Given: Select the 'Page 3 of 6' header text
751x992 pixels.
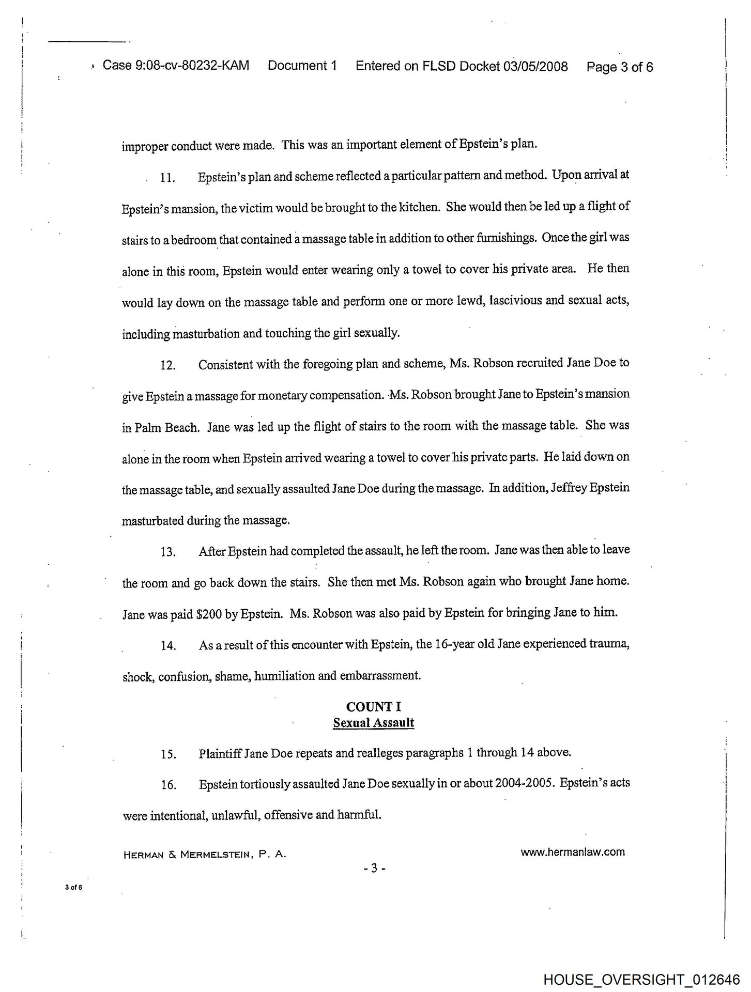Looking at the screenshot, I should click(620, 67).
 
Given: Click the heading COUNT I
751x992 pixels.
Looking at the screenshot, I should click(373, 707).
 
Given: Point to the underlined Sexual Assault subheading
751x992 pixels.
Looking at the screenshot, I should click(373, 722).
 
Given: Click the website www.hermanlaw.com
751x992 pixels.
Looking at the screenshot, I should click(573, 852).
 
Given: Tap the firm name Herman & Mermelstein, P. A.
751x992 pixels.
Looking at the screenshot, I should click(204, 855).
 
